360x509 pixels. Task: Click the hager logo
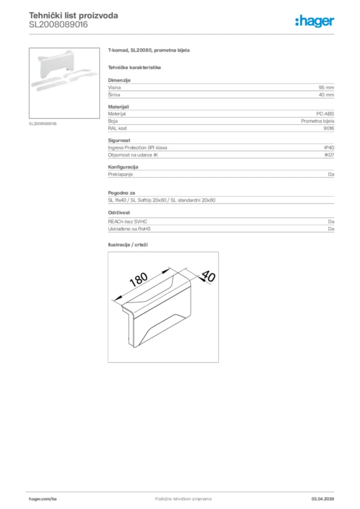pos(314,21)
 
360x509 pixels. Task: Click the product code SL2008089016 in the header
pos(58,24)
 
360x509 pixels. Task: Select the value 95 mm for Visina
pos(326,87)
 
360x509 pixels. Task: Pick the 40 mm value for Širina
pos(326,94)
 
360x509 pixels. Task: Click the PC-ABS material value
pos(325,114)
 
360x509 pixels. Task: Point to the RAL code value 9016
pos(329,128)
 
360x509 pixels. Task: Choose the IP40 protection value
pos(329,148)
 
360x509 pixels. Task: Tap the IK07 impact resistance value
pos(329,155)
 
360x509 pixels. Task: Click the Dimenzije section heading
pos(119,80)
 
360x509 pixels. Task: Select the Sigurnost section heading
pos(119,141)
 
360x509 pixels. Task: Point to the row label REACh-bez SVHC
pos(127,221)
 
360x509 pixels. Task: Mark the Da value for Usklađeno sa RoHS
pos(331,229)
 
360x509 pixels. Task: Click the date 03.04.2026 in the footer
pos(322,499)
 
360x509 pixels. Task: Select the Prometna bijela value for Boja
pos(317,121)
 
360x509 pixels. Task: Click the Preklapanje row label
pos(120,174)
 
